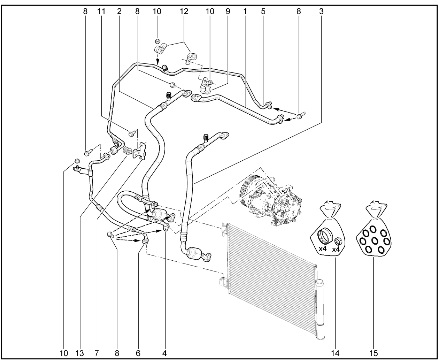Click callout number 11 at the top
pos(101,11)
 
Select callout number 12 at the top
pos(184,11)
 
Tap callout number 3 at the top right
pos(321,11)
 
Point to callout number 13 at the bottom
pos(80,353)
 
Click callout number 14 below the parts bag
pos(335,353)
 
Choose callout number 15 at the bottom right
pos(373,353)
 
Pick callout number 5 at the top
pos(263,11)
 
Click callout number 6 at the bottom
pos(138,353)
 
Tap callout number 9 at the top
pos(228,11)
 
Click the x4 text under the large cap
pos(322,249)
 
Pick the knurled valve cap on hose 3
pos(206,138)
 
